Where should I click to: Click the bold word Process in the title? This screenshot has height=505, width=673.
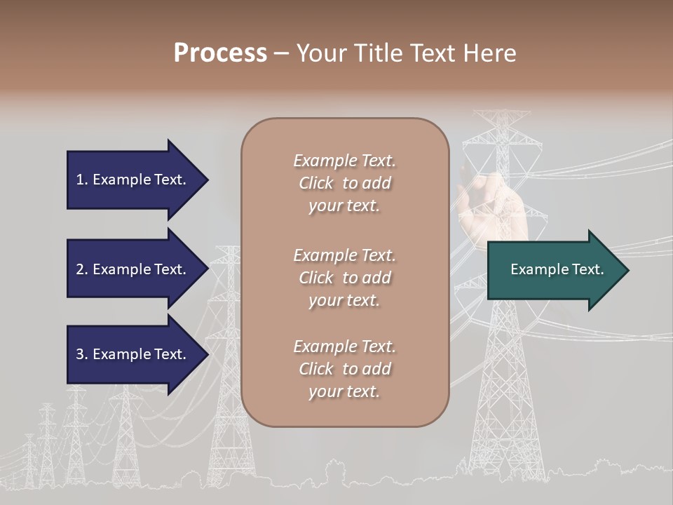(x=220, y=53)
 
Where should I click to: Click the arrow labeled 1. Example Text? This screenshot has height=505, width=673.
(x=133, y=180)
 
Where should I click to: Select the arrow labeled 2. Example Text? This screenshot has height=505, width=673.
(x=133, y=269)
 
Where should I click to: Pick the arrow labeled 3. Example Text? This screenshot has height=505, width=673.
(x=133, y=354)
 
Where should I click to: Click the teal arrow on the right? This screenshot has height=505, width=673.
(x=554, y=270)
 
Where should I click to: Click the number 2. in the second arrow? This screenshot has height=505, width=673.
(x=82, y=269)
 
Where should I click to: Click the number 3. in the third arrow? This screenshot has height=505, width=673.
(x=82, y=354)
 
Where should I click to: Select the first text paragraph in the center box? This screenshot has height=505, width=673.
(x=344, y=183)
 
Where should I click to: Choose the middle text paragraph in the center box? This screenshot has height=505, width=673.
(x=344, y=278)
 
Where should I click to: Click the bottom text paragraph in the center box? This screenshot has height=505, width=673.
(x=344, y=369)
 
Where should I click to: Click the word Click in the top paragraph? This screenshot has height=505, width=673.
(x=316, y=183)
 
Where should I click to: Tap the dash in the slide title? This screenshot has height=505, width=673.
(x=281, y=54)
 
